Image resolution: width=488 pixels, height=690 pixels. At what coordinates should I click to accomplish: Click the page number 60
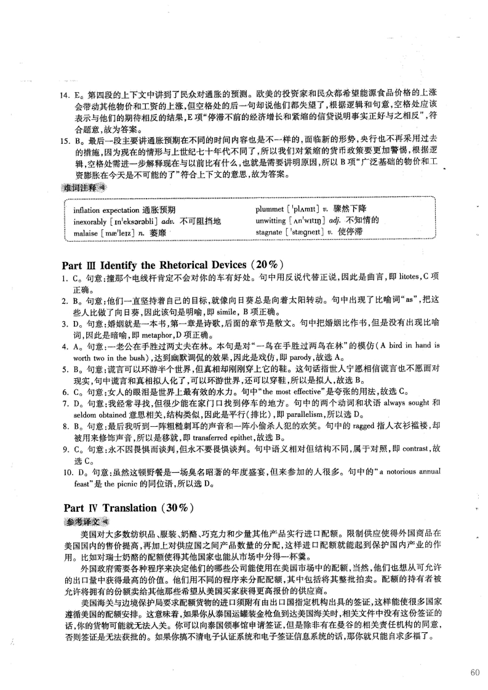pos(474,672)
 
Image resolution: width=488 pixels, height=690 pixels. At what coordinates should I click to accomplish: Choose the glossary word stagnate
pos(271,232)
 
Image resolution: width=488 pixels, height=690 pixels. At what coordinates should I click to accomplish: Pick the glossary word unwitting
pos(273,221)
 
